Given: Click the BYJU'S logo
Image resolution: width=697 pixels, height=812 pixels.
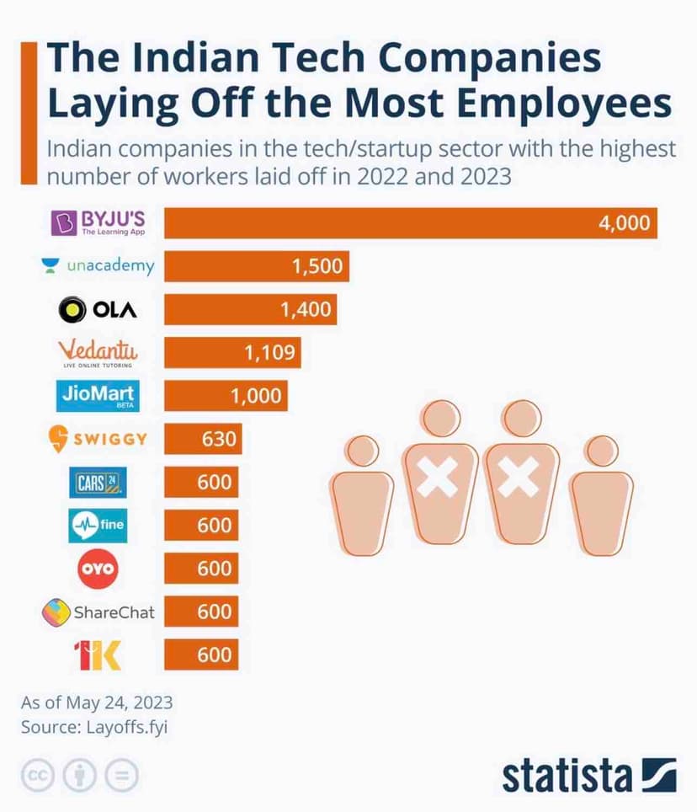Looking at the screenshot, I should click(98, 222).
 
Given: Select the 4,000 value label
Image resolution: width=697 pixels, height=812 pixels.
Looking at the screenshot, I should click(624, 223).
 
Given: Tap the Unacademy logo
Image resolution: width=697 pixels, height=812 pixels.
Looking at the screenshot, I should click(98, 266).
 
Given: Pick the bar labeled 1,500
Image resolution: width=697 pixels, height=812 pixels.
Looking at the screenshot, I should click(257, 266).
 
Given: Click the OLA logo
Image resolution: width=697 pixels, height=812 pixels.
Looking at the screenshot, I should click(98, 310).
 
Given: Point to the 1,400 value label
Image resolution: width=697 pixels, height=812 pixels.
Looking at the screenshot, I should click(307, 310).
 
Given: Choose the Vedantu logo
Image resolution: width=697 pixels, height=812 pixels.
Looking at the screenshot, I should click(98, 353).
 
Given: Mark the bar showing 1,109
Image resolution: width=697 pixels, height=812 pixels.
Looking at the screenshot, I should click(232, 353).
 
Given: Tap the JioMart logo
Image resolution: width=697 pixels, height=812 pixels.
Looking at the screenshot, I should click(98, 396).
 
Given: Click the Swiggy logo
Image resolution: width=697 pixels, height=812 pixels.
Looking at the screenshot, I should click(98, 439).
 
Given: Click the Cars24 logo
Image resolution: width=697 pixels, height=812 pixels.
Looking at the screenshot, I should click(98, 483).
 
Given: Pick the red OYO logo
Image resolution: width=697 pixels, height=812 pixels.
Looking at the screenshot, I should click(98, 569).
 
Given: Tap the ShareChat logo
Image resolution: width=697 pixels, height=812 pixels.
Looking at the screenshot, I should click(98, 612).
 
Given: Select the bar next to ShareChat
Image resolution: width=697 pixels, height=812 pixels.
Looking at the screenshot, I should click(200, 612).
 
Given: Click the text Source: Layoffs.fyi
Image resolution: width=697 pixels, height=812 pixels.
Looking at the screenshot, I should click(94, 727).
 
